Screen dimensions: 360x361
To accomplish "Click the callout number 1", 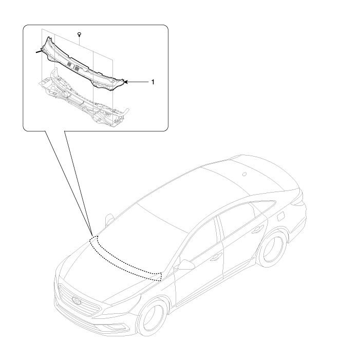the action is [153, 82].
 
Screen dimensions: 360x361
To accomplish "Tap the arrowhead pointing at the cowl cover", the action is [126, 82].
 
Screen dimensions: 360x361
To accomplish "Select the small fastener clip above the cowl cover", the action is [80, 35].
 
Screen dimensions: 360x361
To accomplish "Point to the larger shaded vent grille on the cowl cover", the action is [77, 67].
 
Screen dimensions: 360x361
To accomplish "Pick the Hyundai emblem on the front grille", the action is [77, 300].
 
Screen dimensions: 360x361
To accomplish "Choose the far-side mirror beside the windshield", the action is [109, 219].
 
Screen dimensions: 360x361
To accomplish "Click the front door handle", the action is [216, 256].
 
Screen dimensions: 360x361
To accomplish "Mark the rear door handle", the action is [257, 230].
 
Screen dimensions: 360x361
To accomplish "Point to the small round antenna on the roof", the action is [244, 174].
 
